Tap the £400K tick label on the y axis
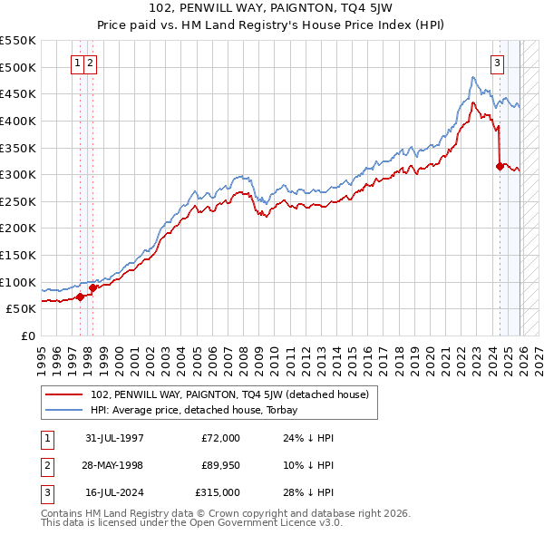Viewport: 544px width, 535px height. (18, 121)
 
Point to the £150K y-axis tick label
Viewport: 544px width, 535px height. (18, 255)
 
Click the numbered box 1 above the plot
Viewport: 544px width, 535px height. (77, 63)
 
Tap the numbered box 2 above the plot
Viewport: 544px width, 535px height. (92, 63)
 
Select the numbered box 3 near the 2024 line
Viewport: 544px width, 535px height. (498, 63)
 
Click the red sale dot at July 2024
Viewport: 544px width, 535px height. (500, 166)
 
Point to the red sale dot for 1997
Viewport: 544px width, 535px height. (81, 297)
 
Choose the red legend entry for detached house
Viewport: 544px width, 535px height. (229, 394)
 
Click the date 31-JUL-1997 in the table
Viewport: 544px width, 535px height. (115, 438)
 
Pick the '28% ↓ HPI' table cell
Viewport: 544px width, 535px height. (308, 492)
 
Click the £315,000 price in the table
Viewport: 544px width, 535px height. (217, 492)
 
